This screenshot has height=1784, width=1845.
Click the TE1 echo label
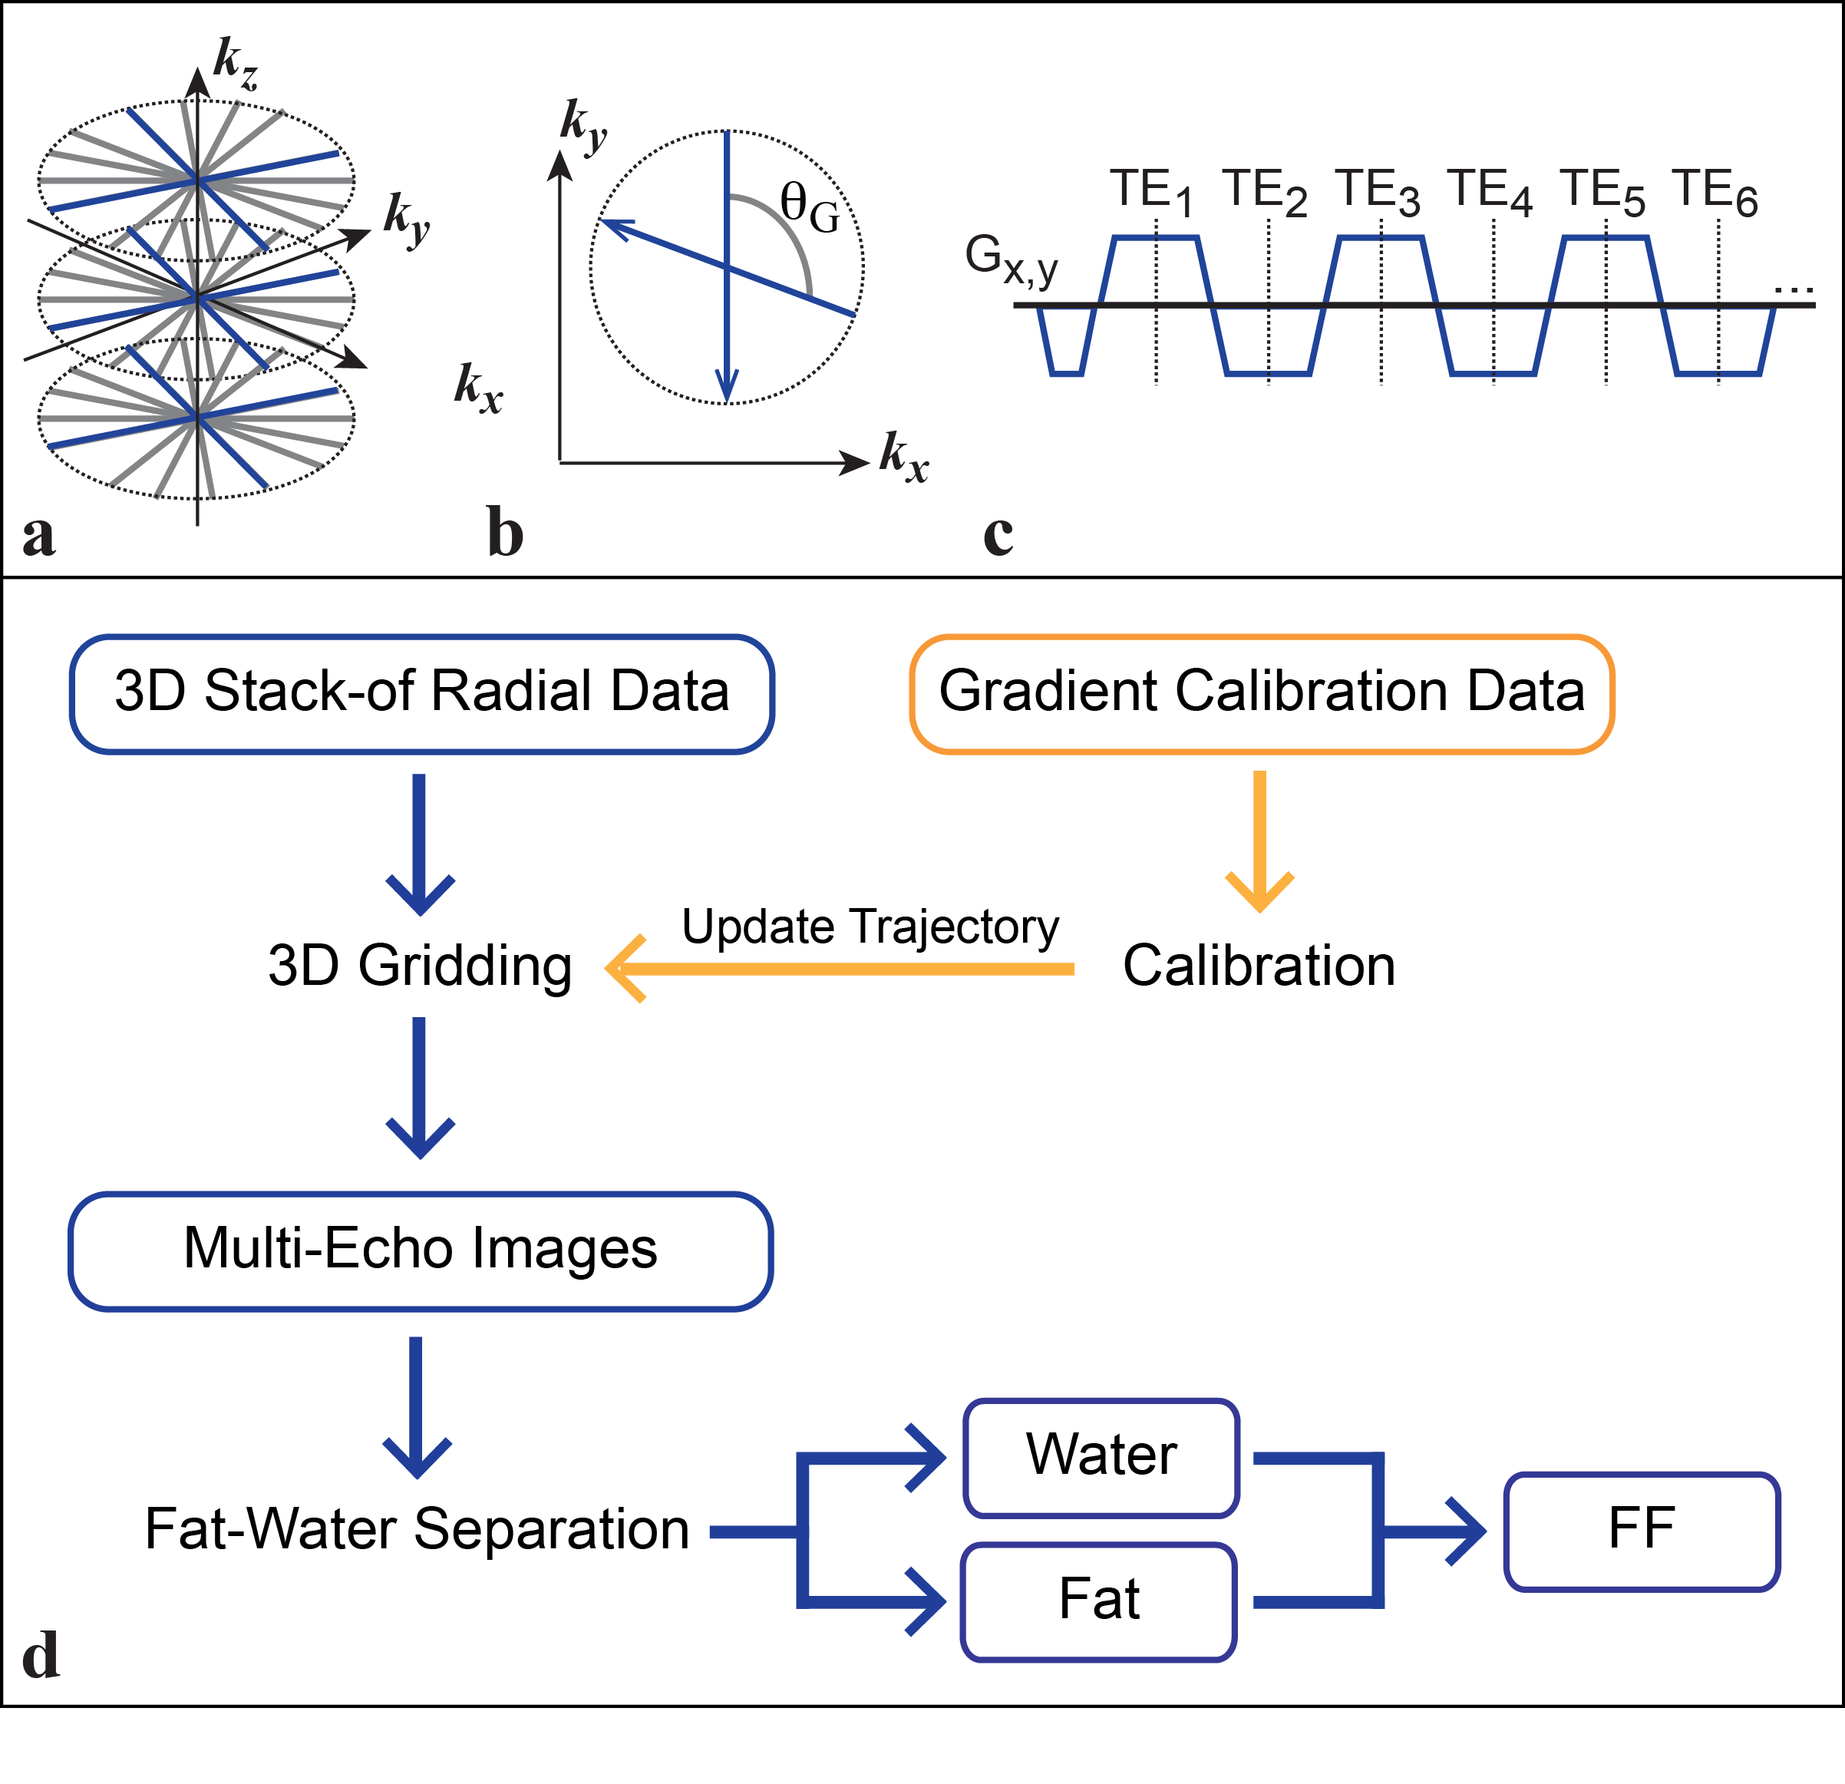(x=1150, y=192)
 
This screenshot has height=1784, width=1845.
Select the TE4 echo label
(x=1489, y=192)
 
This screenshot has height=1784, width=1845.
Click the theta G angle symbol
(x=809, y=207)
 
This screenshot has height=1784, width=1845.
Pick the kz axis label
(x=234, y=63)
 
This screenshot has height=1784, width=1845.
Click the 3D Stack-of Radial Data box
(x=421, y=694)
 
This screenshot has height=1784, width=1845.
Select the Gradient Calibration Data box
(x=1262, y=694)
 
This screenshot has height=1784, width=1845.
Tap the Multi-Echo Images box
(x=420, y=1251)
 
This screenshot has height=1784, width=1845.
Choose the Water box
(x=1101, y=1457)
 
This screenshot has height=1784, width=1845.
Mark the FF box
(x=1641, y=1531)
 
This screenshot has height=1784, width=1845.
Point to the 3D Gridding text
(x=420, y=966)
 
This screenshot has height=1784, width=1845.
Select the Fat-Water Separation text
(x=416, y=1529)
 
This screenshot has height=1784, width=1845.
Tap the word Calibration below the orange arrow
(x=1259, y=966)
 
